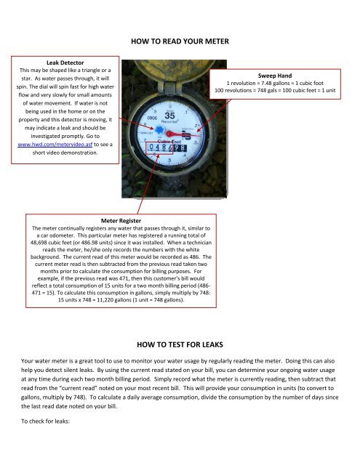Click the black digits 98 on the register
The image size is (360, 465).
point(187,147)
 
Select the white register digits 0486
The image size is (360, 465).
point(161,147)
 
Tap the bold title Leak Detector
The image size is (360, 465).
point(57,63)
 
